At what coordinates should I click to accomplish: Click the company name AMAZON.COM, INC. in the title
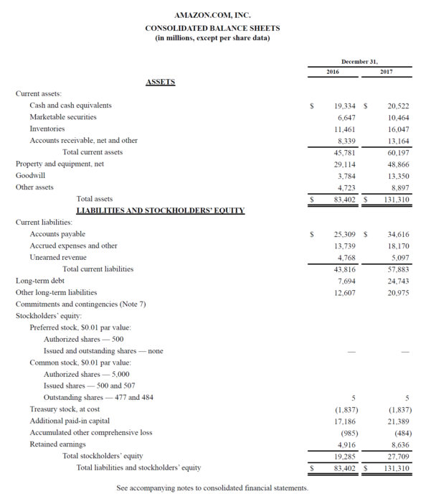coord(212,14)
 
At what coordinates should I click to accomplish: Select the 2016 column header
coord(333,72)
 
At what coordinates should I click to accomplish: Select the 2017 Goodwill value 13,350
coord(397,175)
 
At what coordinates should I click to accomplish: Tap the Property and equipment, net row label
coord(60,164)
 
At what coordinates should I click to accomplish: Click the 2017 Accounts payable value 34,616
coord(397,234)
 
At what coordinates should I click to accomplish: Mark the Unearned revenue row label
coord(58,257)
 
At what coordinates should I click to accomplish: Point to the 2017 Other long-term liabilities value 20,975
coord(397,292)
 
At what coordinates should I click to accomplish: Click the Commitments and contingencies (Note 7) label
coord(80,304)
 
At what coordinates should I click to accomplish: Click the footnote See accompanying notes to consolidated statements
coord(212,488)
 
